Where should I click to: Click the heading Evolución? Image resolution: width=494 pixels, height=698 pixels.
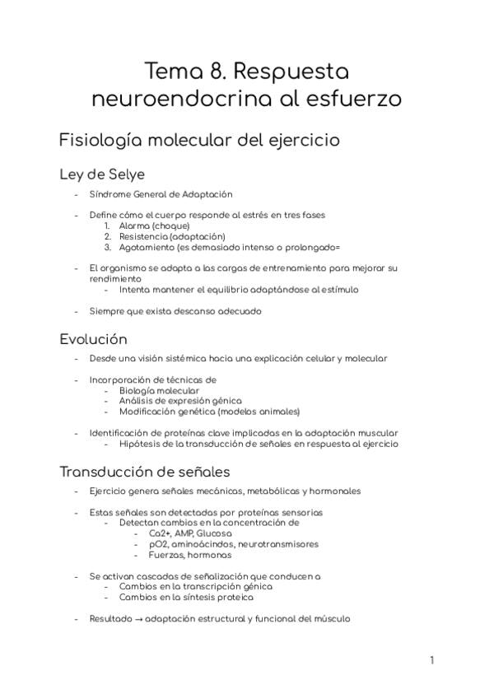click(x=93, y=339)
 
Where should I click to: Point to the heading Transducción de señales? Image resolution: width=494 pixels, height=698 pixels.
click(x=144, y=472)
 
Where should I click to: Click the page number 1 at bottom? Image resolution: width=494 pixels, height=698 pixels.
click(x=431, y=659)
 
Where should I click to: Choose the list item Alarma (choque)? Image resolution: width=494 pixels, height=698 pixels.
click(x=154, y=226)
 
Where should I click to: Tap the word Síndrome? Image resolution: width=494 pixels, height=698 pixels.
click(x=110, y=194)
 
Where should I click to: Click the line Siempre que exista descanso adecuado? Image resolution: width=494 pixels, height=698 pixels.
click(x=175, y=311)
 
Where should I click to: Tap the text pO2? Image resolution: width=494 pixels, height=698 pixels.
click(x=158, y=543)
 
